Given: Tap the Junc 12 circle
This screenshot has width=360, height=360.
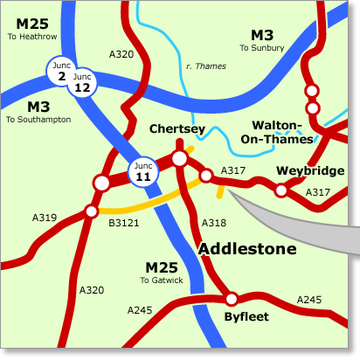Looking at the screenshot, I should (x=83, y=83).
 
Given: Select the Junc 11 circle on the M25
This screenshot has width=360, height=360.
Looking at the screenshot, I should (x=143, y=171).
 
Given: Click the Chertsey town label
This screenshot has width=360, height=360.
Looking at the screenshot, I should (x=177, y=128).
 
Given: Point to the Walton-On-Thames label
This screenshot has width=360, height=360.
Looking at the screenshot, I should (x=281, y=132).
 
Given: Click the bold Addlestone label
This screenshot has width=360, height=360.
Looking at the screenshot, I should (x=247, y=249).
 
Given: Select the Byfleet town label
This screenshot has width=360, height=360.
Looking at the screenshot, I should (x=246, y=316).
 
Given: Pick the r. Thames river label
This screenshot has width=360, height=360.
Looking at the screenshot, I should (x=206, y=66).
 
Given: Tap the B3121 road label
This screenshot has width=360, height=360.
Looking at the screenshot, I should (x=124, y=223).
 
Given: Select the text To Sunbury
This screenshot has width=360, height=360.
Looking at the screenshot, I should (x=262, y=48).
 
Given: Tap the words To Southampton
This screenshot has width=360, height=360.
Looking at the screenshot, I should (x=38, y=119).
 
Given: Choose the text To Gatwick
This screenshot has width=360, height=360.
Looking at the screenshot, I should (x=163, y=280).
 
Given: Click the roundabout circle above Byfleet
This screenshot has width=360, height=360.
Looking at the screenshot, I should (x=232, y=298).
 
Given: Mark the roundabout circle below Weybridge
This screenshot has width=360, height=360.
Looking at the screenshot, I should (x=280, y=190).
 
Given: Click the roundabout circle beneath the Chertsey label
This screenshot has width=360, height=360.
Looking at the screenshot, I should (x=180, y=158).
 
